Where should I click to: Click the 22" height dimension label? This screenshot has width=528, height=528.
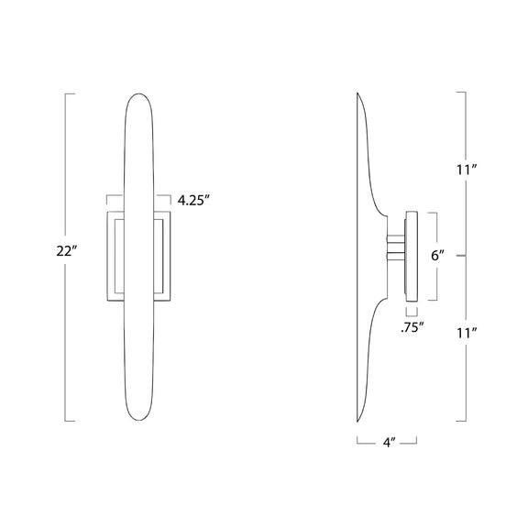[67, 251]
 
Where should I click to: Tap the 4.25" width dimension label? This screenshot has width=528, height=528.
[193, 201]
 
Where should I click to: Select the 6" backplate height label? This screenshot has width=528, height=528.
[438, 256]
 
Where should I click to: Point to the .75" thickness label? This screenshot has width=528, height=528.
[412, 327]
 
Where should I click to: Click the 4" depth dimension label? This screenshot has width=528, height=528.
[389, 442]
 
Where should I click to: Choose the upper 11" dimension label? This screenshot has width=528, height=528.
[467, 170]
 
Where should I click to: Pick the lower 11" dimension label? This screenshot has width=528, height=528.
[467, 333]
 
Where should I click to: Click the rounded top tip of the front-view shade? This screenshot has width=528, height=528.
[138, 93]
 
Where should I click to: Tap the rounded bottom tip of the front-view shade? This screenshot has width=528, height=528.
[138, 420]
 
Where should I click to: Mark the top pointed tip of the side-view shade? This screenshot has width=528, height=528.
[357, 93]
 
